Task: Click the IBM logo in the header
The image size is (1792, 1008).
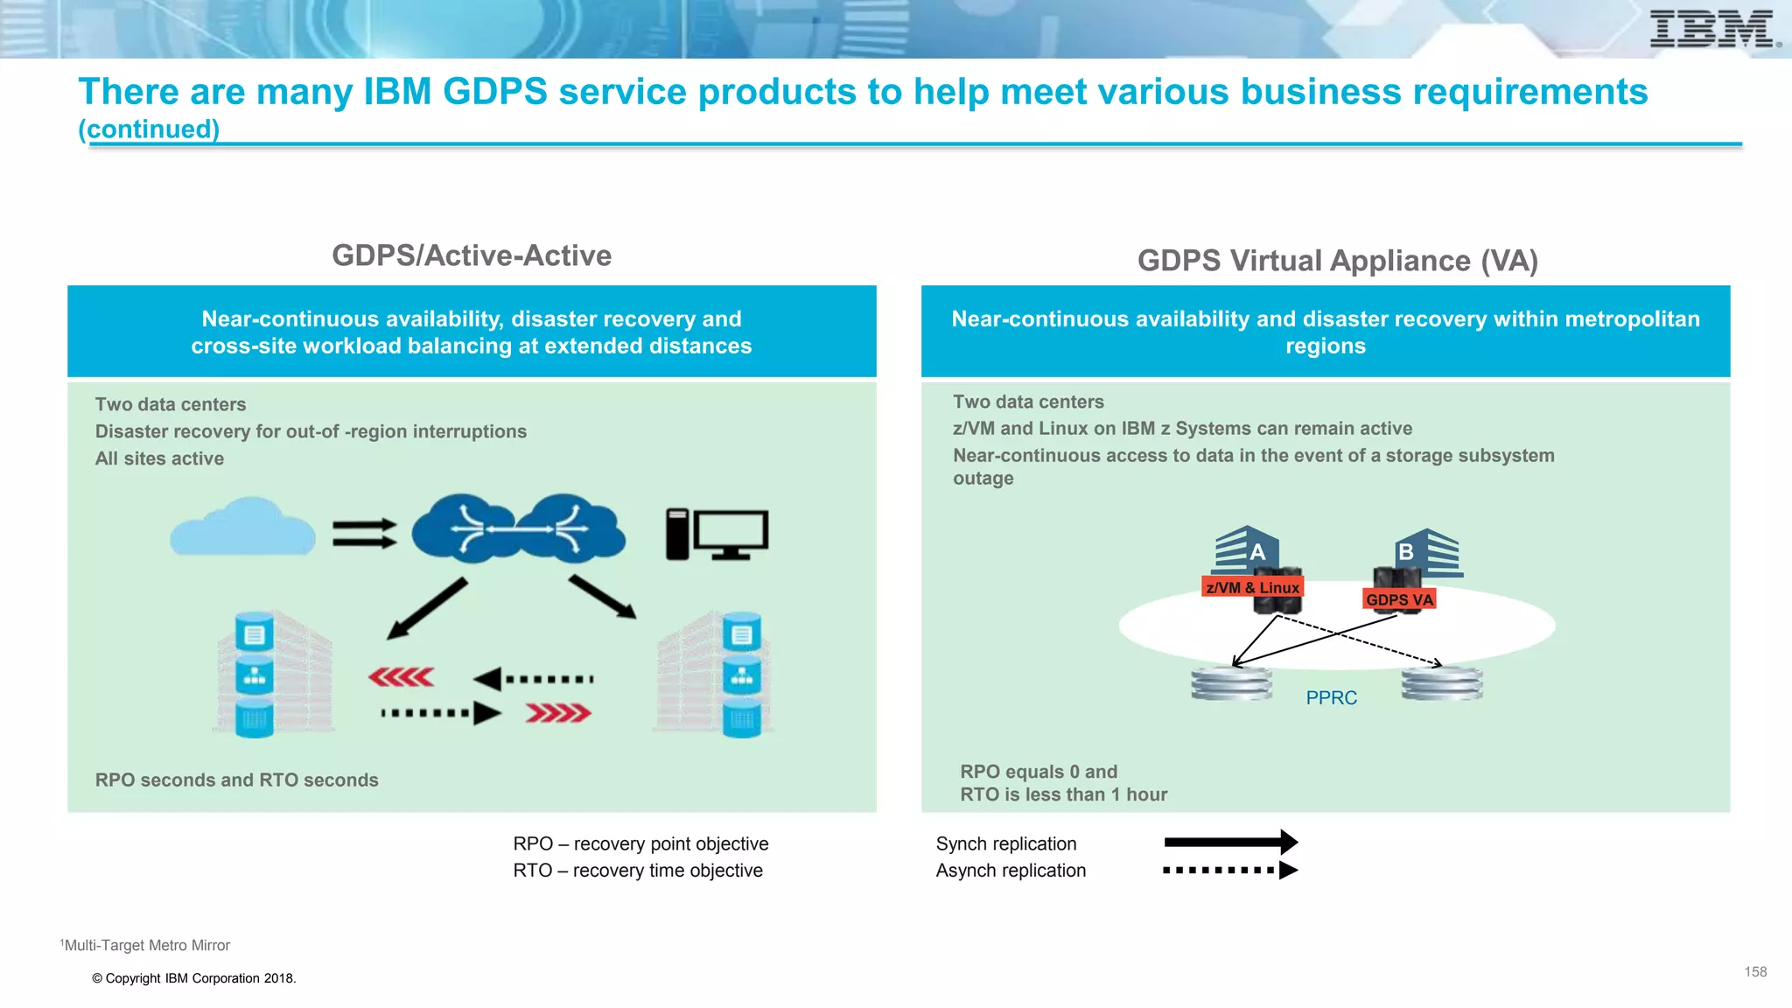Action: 1713,29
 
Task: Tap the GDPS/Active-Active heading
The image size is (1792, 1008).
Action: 472,255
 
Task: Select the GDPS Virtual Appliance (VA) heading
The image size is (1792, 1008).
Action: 1337,261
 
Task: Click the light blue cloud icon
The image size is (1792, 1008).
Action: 242,528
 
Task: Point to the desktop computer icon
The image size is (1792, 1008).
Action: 717,534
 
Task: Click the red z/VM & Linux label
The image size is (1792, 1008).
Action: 1252,588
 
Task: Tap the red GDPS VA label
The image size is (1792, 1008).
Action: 1399,600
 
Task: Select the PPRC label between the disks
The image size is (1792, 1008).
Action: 1331,698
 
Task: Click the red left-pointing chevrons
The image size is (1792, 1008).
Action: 401,677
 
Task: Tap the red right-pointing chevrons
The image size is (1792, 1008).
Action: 558,714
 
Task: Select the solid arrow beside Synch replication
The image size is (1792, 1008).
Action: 1230,843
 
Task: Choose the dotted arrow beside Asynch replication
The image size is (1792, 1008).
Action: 1230,871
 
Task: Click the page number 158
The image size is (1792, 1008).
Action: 1755,972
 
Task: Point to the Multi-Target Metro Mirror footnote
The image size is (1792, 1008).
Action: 145,946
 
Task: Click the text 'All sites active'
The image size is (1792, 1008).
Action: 159,458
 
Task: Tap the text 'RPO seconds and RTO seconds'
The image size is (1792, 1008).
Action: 236,780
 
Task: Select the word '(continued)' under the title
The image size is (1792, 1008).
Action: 149,129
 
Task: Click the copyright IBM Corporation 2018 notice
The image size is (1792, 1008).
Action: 194,979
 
